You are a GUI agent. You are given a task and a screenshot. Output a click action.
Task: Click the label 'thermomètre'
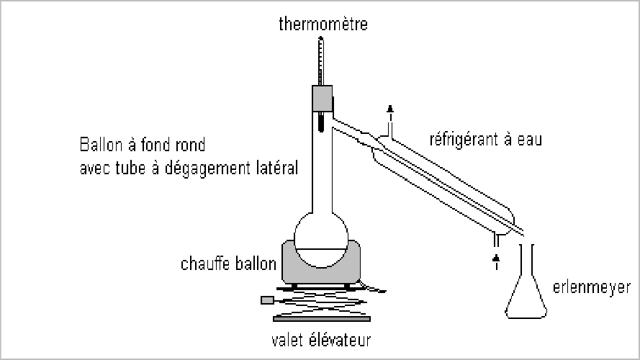point(323,25)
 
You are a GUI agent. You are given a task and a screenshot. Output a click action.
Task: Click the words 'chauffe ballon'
point(228,264)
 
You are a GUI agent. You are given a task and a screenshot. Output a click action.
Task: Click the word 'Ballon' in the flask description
point(99,145)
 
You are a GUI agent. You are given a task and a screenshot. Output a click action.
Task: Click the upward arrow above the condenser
point(391,111)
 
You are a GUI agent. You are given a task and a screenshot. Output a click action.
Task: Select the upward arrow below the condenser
point(495,259)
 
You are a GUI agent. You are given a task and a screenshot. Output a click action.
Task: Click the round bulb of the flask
point(321,240)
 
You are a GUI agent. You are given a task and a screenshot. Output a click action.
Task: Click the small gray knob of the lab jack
point(267,300)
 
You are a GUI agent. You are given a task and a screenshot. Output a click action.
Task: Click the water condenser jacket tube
point(446,180)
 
